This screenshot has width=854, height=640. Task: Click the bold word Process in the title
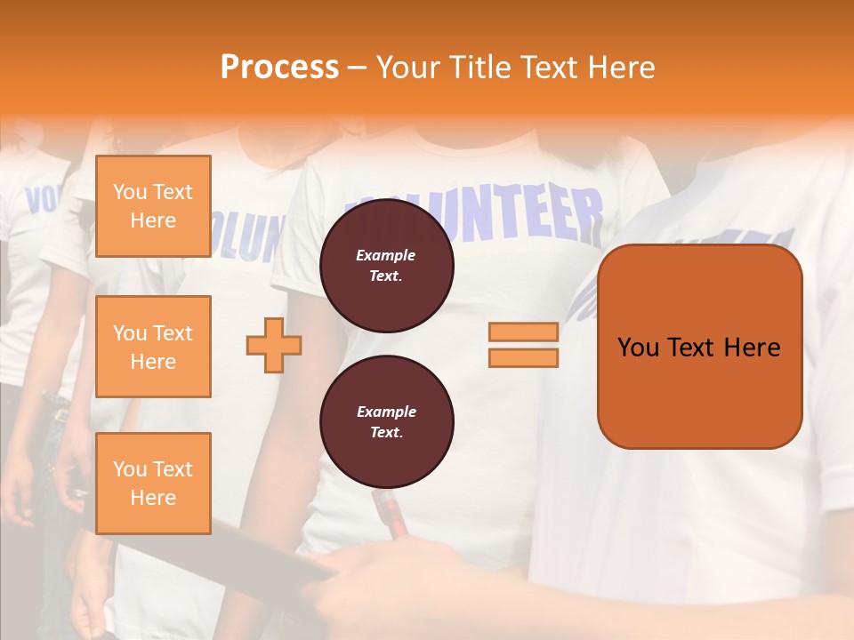coord(279,68)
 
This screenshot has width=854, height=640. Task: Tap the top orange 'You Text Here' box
coord(153,206)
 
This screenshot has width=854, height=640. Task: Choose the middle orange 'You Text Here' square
coord(153,347)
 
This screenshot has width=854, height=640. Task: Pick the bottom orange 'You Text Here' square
coord(153,484)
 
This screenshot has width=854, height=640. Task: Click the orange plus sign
coord(274,345)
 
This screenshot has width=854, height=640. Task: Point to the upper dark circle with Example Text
coord(386,266)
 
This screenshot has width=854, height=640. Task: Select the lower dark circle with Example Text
coord(386,422)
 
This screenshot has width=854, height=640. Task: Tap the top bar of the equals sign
coord(523,332)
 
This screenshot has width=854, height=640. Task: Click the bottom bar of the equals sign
coord(523,357)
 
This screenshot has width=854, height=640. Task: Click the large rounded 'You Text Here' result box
coord(699,347)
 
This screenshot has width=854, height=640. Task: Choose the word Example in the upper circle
coord(386,255)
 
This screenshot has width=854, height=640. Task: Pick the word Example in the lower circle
coord(386,412)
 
